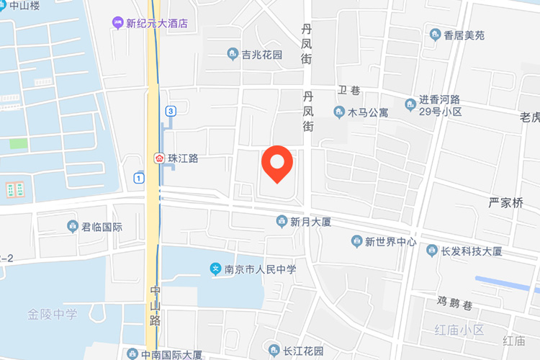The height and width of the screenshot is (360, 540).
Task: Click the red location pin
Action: tap(276, 162)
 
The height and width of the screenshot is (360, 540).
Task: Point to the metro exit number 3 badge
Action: tap(170, 111)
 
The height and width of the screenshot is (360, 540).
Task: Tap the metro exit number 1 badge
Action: tap(138, 177)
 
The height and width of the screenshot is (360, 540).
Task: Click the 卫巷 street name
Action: tap(348, 91)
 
